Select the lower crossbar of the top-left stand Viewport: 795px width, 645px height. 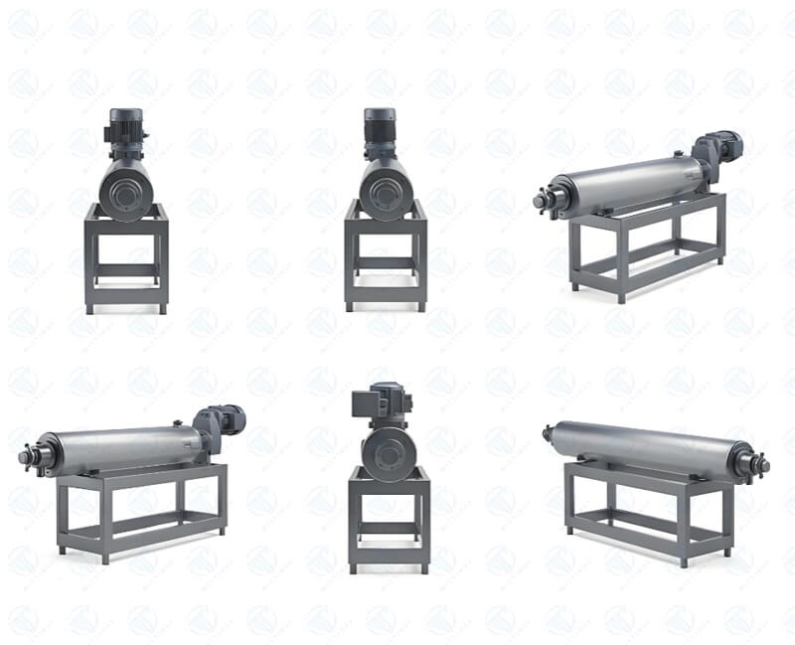point(126,267)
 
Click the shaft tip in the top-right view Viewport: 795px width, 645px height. point(539,201)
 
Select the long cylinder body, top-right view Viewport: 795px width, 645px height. point(626,184)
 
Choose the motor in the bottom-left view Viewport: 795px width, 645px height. point(221,421)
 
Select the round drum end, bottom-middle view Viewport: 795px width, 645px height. point(387,453)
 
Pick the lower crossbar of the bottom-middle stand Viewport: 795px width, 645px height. point(389,528)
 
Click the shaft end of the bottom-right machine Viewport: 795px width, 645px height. point(762,464)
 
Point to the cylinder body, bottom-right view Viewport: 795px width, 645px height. point(646,447)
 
